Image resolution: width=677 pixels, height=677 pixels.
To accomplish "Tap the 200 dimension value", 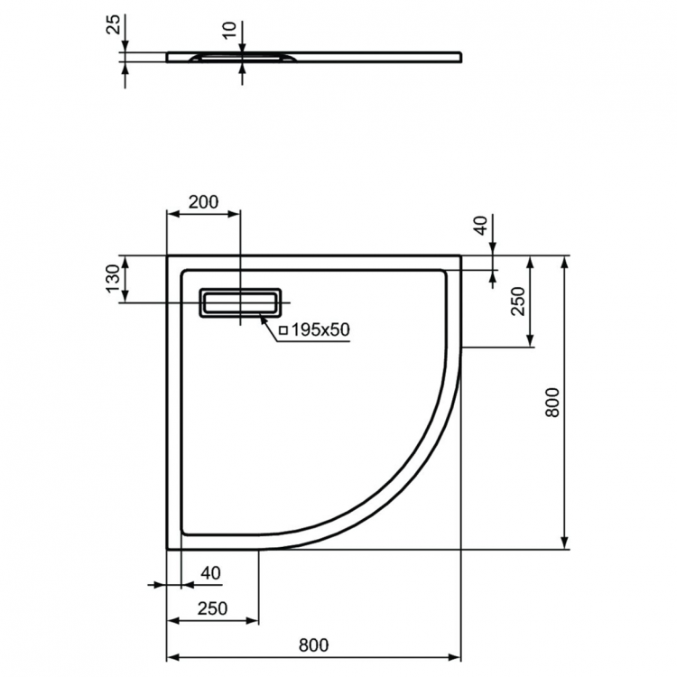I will (203, 202).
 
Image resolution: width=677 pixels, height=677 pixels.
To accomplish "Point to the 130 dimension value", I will (112, 280).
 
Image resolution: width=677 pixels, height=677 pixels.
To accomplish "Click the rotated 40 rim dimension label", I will (479, 226).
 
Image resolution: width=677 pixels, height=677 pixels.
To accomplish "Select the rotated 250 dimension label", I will (517, 301).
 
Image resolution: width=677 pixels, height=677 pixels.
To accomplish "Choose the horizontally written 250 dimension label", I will (212, 608).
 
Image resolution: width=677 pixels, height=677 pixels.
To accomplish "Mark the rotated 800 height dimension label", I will (553, 402).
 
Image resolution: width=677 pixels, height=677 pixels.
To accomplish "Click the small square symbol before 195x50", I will (283, 331).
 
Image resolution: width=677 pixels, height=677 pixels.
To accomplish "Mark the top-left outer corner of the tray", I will (168, 256).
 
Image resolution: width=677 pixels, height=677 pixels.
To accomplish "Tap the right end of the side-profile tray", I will (460, 56).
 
